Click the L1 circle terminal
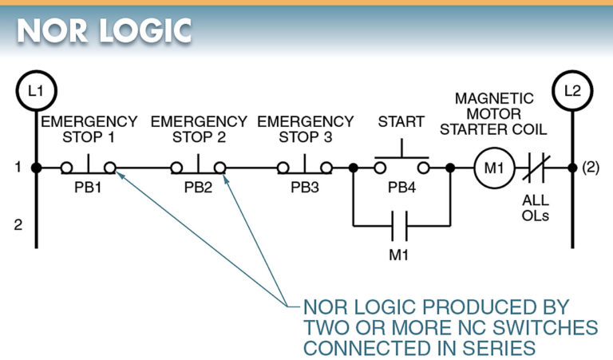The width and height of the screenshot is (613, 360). [x=36, y=90]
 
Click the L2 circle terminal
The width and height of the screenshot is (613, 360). [x=572, y=90]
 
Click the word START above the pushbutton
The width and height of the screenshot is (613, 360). [x=401, y=122]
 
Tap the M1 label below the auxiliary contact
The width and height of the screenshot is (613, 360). [x=401, y=255]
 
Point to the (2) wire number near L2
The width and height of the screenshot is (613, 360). [x=591, y=168]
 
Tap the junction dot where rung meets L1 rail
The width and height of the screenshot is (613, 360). [x=36, y=168]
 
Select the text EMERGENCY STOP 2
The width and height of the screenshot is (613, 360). [x=199, y=129]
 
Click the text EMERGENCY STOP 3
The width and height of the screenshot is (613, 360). [x=305, y=129]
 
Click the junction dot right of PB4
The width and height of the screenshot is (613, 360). [x=450, y=168]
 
